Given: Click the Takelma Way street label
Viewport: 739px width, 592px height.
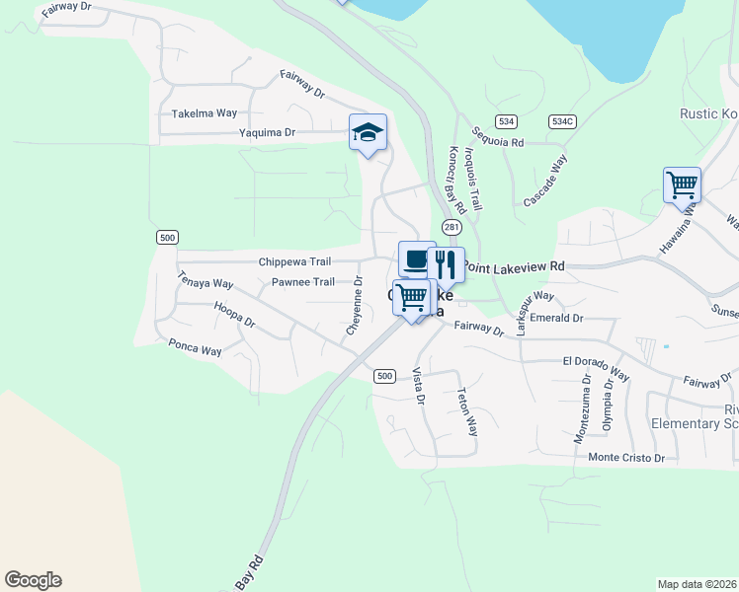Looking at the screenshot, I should (205, 114).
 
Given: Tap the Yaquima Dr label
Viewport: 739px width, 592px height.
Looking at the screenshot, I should (267, 132).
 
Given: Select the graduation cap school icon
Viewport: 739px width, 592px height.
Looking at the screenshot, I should (368, 133).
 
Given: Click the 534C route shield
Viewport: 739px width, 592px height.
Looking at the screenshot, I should (562, 120).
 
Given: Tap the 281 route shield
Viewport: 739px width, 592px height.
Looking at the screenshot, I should (452, 227).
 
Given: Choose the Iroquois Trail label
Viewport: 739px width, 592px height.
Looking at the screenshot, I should (473, 179).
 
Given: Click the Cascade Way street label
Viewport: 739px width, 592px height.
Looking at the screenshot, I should (545, 180).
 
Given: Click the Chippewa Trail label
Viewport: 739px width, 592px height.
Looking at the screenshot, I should (294, 261).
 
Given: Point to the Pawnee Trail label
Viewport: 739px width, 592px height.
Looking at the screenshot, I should (302, 282).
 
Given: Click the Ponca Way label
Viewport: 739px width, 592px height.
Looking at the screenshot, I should (195, 347).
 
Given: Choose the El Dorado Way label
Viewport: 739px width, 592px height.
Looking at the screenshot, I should (596, 367).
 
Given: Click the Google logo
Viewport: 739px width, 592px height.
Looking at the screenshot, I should (33, 580).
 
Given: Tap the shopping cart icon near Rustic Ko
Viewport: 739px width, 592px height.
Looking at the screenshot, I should (682, 185).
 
